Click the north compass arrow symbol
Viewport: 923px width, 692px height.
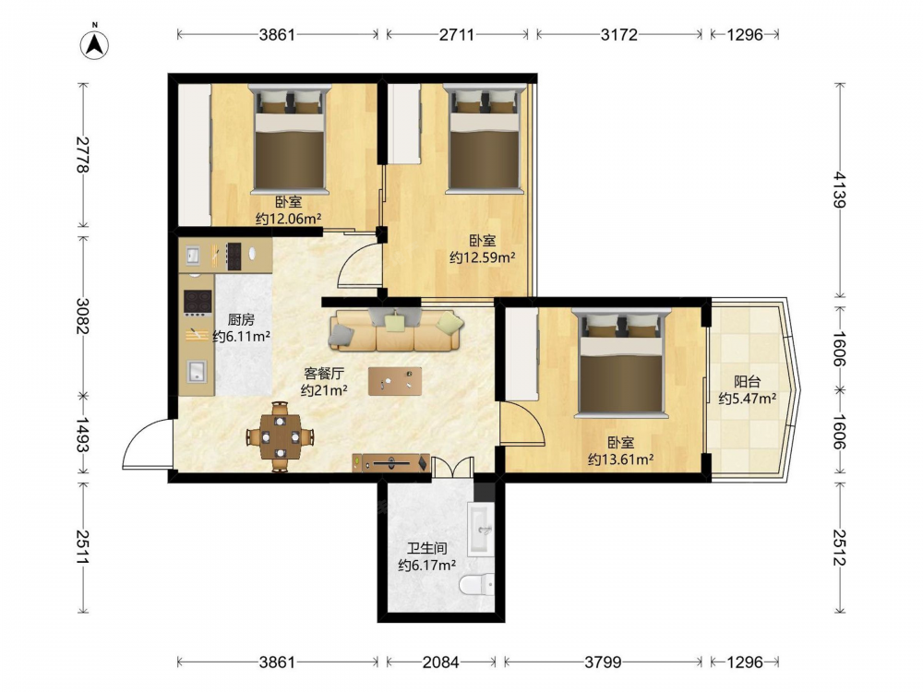click(94, 43)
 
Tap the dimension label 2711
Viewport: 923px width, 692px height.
click(457, 35)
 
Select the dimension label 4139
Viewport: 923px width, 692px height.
click(840, 189)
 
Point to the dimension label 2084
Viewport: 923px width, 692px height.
click(440, 662)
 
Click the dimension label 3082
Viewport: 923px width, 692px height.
click(83, 316)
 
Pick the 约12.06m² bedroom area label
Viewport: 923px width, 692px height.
click(288, 219)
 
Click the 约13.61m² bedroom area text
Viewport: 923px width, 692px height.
click(620, 459)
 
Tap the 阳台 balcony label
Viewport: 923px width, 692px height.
click(747, 381)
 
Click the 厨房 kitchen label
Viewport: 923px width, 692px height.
click(241, 319)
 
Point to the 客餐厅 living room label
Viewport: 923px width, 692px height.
click(324, 373)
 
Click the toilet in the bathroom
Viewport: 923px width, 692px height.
click(476, 585)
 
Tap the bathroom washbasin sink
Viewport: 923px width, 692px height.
click(481, 529)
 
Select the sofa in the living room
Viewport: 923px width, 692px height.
click(397, 329)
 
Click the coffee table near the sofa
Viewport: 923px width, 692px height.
click(395, 381)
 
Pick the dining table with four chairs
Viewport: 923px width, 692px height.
click(281, 436)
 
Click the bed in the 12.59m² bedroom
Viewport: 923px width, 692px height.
click(485, 139)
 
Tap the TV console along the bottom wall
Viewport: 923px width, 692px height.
click(391, 463)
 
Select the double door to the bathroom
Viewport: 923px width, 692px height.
click(452, 467)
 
